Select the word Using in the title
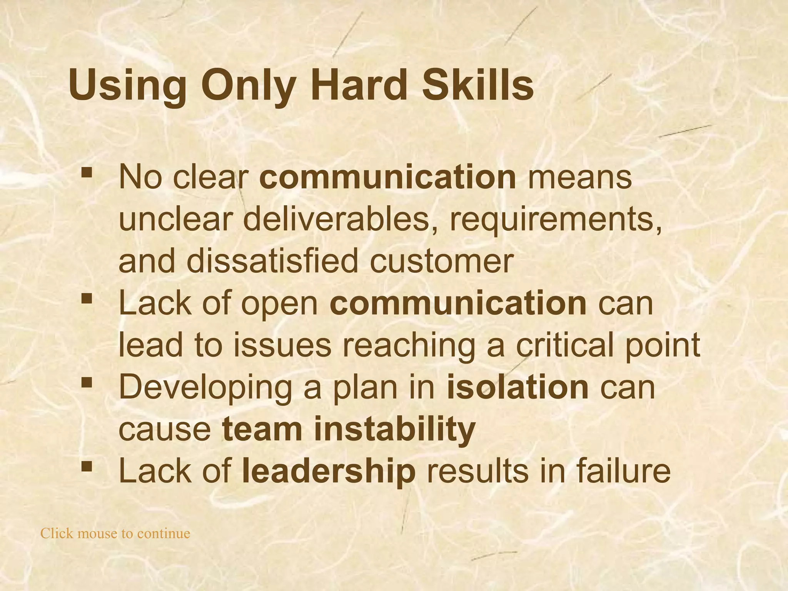pos(127,87)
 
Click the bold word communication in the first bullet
pos(388,177)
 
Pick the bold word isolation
pos(518,387)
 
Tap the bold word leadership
pos(329,471)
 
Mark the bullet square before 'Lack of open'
pos(87,298)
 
